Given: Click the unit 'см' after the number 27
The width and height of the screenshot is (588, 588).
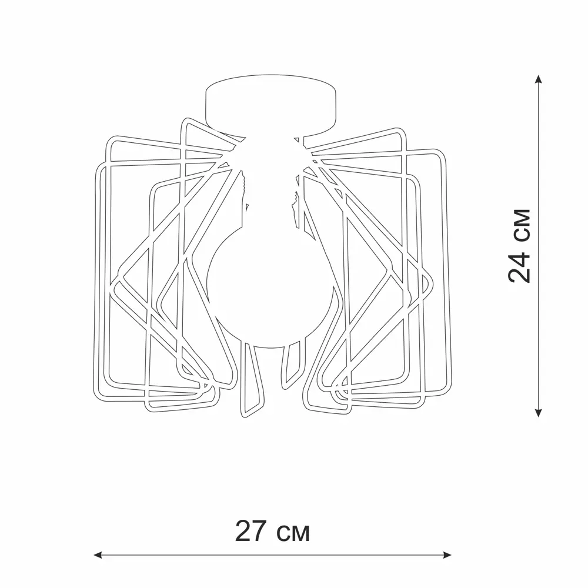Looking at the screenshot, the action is pos(293,534).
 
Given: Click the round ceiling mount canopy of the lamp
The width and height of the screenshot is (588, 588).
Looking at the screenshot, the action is pos(270,105).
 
